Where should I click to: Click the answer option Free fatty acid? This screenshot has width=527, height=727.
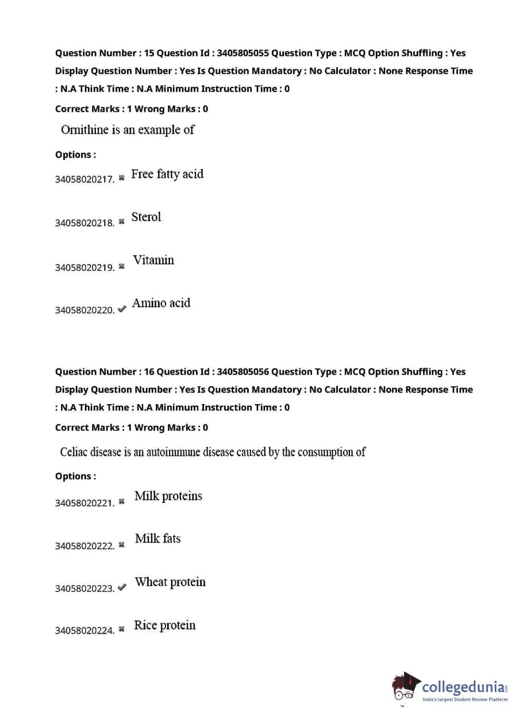167,174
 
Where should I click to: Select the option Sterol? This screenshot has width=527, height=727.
146,217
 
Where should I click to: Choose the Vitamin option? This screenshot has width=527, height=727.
153,260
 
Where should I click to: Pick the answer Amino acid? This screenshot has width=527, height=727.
161,303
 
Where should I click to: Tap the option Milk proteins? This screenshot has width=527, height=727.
168,496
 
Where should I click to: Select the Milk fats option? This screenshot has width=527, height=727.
158,539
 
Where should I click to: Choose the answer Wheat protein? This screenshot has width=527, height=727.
170,582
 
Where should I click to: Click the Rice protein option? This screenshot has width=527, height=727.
164,625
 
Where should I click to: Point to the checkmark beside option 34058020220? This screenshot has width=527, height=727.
122,309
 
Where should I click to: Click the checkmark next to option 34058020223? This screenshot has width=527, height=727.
122,587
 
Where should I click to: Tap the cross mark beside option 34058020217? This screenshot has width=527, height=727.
122,178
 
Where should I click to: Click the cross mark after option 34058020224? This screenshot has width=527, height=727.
122,629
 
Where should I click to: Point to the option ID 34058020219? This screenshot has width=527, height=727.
84,267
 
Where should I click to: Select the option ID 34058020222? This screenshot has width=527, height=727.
84,546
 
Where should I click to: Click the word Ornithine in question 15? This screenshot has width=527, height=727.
84,130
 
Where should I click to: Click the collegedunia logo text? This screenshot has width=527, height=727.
463,687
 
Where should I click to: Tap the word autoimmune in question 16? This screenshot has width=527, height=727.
173,452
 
